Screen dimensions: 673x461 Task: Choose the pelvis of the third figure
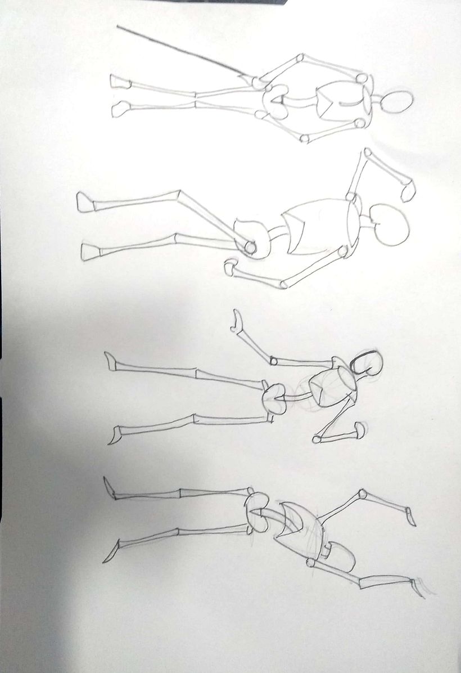[275, 397]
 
